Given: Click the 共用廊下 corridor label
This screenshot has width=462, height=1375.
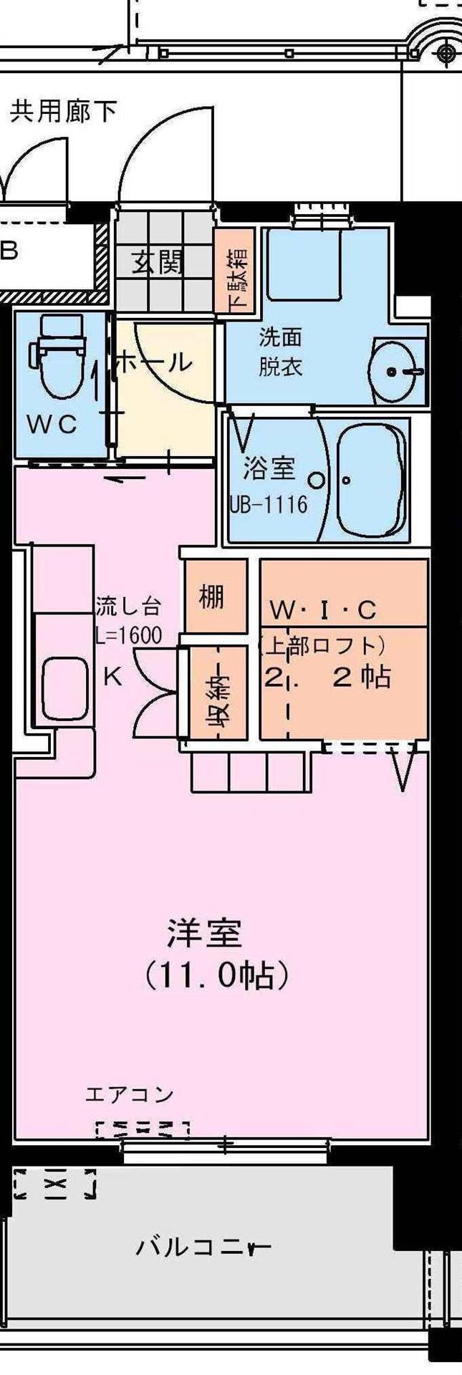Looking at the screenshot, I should point(64,112).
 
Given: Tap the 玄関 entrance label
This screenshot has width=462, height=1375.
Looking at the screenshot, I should point(156,264).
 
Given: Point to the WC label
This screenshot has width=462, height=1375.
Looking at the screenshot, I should point(52,424).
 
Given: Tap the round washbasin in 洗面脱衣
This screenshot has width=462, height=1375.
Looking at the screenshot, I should point(393,370).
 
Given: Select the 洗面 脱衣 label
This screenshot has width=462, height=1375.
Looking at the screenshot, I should point(280,352).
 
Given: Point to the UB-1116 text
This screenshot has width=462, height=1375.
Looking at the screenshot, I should point(269,504).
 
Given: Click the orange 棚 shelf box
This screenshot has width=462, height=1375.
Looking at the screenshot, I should point(211,596).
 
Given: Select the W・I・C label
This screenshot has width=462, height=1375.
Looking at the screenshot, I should point(322,610).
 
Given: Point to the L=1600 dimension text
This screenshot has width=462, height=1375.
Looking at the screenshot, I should point(129,635).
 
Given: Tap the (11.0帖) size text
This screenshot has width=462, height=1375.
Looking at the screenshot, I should point(217,975).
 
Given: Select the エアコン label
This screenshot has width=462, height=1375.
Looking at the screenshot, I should point(130,1094).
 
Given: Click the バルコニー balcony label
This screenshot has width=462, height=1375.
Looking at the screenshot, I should point(203,1247).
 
